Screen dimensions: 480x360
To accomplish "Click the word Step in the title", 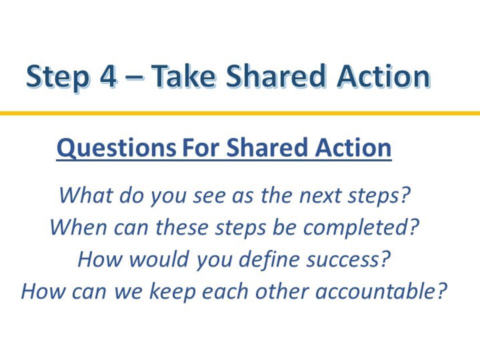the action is click(x=58, y=76).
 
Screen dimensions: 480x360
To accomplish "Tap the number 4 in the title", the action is click(x=108, y=75).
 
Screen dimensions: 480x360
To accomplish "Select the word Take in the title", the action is click(x=183, y=75).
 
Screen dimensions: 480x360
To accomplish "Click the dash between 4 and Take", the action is click(x=134, y=76).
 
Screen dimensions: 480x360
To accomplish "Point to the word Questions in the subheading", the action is click(x=116, y=147).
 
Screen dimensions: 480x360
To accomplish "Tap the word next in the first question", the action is click(x=320, y=195).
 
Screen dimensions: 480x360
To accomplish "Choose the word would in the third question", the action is click(x=158, y=259).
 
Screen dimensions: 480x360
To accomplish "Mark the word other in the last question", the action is click(x=281, y=291).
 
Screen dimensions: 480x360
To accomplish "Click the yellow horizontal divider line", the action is click(x=240, y=113).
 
